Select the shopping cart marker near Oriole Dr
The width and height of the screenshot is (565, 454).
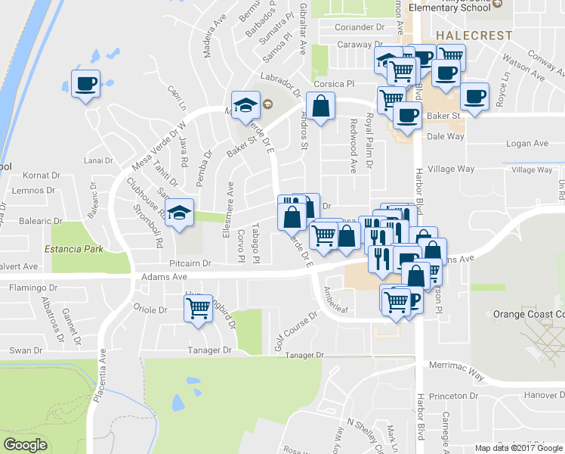click(198, 307)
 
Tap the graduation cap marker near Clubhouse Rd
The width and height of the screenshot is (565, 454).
click(179, 212)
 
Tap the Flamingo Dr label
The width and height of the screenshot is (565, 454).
click(35, 288)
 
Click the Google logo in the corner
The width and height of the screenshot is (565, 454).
click(26, 445)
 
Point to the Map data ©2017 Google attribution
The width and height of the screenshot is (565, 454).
click(520, 448)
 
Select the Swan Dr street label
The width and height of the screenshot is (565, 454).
click(26, 350)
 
